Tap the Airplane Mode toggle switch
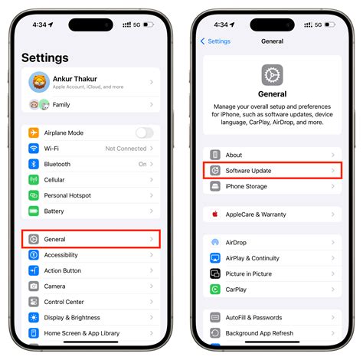pyautogui.click(x=145, y=133)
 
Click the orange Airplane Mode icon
pyautogui.click(x=34, y=133)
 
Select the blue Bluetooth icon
pyautogui.click(x=34, y=164)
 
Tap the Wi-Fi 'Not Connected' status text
pyautogui.click(x=126, y=149)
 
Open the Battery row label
pyautogui.click(x=54, y=211)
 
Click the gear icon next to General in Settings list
pyautogui.click(x=34, y=239)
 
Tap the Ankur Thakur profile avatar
pyautogui.click(x=39, y=82)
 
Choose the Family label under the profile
pyautogui.click(x=61, y=105)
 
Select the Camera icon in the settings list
pyautogui.click(x=34, y=286)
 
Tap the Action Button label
pyautogui.click(x=63, y=270)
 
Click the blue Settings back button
pyautogui.click(x=215, y=41)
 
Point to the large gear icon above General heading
pyautogui.click(x=272, y=75)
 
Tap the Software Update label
pyautogui.click(x=248, y=171)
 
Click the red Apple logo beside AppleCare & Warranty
pyautogui.click(x=215, y=214)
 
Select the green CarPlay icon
pyautogui.click(x=215, y=290)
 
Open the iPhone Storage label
pyautogui.click(x=246, y=186)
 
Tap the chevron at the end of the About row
pyautogui.click(x=333, y=155)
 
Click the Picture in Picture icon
pyautogui.click(x=215, y=273)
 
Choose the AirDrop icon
pyautogui.click(x=215, y=242)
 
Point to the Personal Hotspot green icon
pyautogui.click(x=34, y=195)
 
